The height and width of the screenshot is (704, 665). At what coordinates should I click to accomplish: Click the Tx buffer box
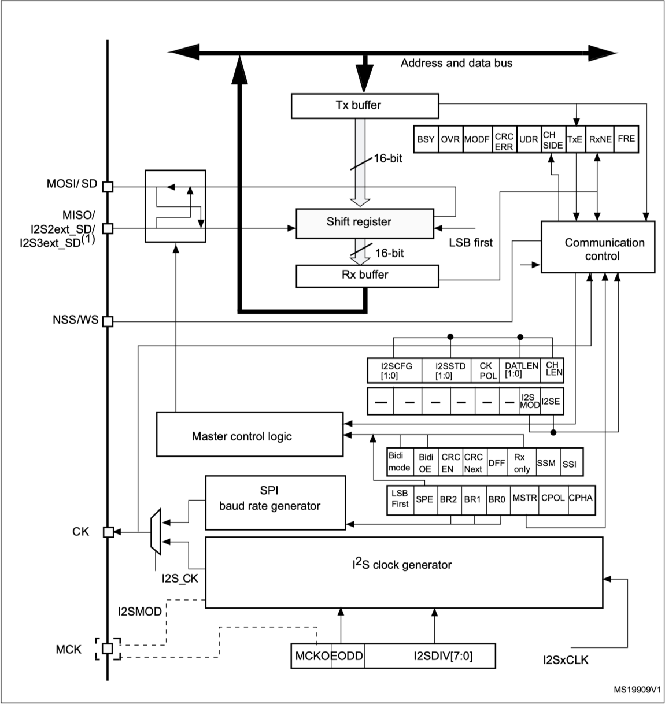pos(364,105)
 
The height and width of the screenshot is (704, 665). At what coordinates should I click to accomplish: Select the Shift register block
pos(364,223)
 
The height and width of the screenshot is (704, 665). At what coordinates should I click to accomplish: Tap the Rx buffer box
pos(367,276)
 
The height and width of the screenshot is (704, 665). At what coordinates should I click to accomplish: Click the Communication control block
pos(598,247)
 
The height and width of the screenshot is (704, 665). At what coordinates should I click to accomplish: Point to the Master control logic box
pos(249,434)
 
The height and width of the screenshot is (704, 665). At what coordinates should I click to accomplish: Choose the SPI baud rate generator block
pos(275,502)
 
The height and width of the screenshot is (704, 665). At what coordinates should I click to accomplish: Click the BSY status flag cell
pos(426,139)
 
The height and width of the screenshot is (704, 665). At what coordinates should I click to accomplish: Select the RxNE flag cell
pos(599,139)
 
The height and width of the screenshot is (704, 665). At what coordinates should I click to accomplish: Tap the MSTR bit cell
pos(524,499)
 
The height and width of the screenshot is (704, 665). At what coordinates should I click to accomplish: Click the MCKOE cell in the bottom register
pos(311,657)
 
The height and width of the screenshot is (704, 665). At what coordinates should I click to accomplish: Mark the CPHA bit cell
pos(581,499)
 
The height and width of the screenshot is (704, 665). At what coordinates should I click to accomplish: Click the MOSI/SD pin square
pos(108,186)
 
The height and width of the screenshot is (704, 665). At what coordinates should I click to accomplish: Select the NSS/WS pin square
pos(108,321)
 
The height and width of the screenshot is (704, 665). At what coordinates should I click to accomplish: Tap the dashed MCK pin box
pos(108,649)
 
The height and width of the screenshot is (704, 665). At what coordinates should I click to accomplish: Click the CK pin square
pos(108,532)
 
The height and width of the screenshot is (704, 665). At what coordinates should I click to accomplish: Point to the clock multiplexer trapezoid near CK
pos(155,531)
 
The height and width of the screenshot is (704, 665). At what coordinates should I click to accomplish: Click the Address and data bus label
pos(456,63)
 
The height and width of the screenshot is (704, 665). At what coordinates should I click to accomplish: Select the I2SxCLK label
pos(565,659)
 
